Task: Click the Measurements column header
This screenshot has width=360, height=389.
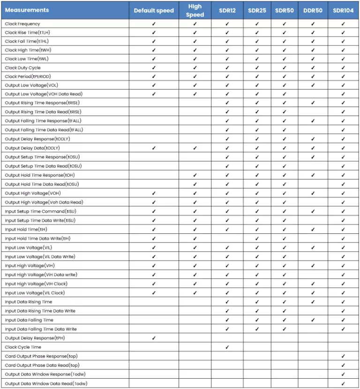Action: (27, 10)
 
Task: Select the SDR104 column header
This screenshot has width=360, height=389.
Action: (343, 10)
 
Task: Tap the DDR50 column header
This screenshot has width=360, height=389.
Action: (313, 10)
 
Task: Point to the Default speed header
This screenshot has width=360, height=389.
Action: (154, 10)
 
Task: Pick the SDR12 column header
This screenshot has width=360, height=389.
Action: (227, 10)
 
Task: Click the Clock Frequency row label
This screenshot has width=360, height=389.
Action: (22, 23)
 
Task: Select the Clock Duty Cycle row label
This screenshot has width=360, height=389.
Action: (23, 67)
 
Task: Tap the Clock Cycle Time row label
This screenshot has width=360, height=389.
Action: (23, 347)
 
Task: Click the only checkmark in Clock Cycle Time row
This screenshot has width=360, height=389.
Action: (227, 347)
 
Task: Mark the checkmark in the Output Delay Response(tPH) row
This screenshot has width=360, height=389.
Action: (154, 338)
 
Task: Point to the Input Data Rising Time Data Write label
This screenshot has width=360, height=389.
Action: (40, 311)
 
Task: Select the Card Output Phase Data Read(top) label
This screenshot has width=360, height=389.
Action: (42, 365)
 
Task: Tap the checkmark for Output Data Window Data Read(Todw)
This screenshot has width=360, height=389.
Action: (343, 383)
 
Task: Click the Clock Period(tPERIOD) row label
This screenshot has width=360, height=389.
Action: (28, 76)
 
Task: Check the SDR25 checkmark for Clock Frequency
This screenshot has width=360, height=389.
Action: (257, 23)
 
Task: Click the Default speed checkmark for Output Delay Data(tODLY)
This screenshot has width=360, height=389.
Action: (154, 148)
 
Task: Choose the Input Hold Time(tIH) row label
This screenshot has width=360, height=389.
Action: (26, 230)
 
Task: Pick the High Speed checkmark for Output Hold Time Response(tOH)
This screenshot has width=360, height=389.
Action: (195, 175)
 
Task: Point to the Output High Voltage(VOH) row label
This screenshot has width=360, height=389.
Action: (33, 193)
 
